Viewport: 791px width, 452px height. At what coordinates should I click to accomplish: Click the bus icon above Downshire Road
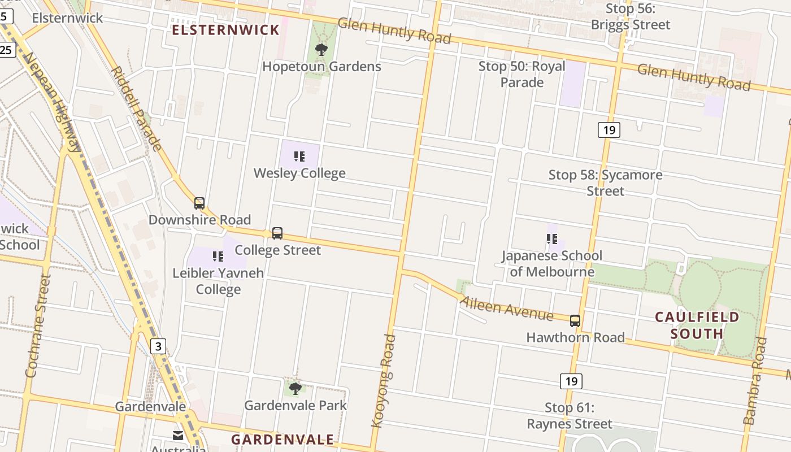pyautogui.click(x=199, y=203)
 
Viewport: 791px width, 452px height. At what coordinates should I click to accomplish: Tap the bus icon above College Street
pyautogui.click(x=277, y=233)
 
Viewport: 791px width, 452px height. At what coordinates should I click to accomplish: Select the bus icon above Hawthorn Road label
pyautogui.click(x=575, y=321)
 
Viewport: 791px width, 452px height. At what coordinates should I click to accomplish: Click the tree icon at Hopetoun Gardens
pyautogui.click(x=321, y=50)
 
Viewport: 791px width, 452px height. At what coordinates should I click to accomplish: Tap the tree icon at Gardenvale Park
pyautogui.click(x=295, y=389)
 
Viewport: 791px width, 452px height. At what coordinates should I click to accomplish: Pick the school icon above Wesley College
pyautogui.click(x=299, y=157)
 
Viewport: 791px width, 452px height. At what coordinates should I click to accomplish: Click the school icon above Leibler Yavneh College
pyautogui.click(x=218, y=257)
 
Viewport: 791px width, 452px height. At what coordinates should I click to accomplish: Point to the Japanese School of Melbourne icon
pyautogui.click(x=552, y=239)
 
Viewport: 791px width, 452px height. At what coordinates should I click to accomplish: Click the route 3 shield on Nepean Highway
pyautogui.click(x=158, y=346)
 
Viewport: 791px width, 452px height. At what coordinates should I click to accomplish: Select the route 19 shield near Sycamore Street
pyautogui.click(x=609, y=130)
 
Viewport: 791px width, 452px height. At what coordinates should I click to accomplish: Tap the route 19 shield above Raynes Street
pyautogui.click(x=571, y=381)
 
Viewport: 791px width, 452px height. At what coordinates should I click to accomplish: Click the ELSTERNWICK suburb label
pyautogui.click(x=225, y=30)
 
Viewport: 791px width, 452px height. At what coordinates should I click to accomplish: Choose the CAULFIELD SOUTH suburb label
pyautogui.click(x=697, y=325)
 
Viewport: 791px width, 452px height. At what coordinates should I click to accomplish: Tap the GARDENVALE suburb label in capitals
pyautogui.click(x=282, y=440)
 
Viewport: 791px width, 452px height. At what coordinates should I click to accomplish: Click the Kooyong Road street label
pyautogui.click(x=383, y=380)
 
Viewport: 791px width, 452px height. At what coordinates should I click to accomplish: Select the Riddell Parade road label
pyautogui.click(x=137, y=108)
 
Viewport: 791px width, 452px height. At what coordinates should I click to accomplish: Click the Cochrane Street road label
pyautogui.click(x=38, y=326)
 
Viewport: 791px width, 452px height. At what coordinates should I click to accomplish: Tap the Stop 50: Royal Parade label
pyautogui.click(x=521, y=74)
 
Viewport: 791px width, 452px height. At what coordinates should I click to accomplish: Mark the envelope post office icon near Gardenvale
pyautogui.click(x=178, y=436)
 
